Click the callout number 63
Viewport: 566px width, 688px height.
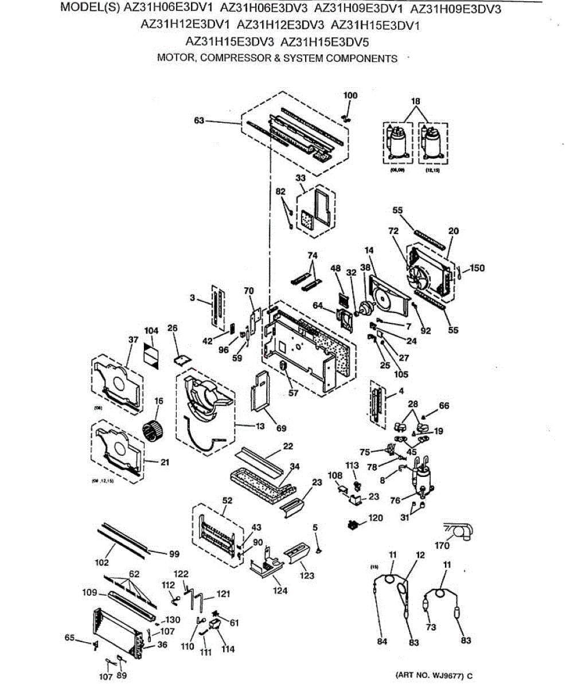pos(199,121)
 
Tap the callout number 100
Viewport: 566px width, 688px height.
pos(350,95)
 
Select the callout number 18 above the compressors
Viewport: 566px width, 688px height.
pos(416,101)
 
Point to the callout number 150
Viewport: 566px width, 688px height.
pos(477,268)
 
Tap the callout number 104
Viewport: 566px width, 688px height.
pos(151,331)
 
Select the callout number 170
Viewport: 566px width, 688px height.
pos(442,546)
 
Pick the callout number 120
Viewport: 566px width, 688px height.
pos(376,518)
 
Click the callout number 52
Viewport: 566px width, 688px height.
pos(227,501)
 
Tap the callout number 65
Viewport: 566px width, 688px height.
pos(69,637)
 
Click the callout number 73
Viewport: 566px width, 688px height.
pos(431,627)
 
